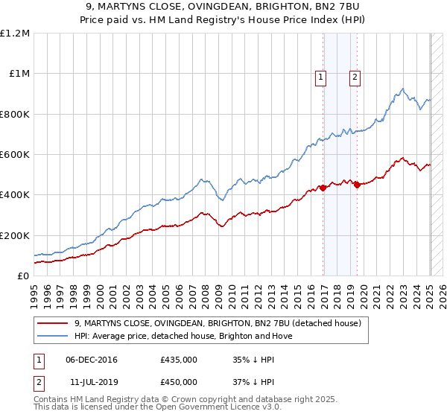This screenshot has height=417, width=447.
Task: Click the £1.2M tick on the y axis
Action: (x=15, y=34)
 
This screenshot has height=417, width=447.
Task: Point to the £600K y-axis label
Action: (x=15, y=155)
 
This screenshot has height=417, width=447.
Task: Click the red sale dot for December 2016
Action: (x=323, y=188)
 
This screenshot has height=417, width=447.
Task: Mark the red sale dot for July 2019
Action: (x=357, y=185)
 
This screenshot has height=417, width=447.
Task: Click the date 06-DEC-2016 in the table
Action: (x=92, y=360)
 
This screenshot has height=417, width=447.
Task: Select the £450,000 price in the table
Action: (x=179, y=381)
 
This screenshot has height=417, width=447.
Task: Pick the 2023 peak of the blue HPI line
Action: (x=402, y=89)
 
